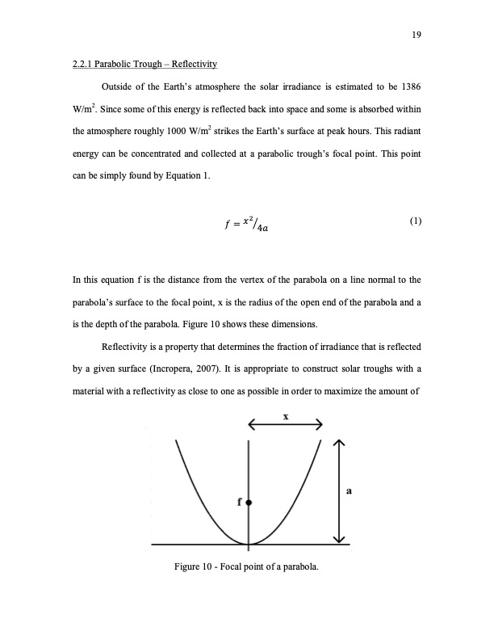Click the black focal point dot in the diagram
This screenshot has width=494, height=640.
[249, 502]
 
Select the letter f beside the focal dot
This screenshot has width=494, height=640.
[239, 502]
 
